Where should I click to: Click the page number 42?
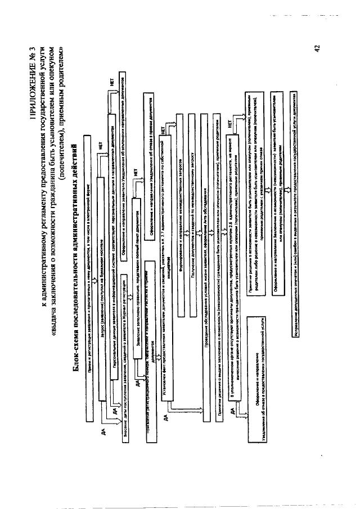click(x=318, y=49)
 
